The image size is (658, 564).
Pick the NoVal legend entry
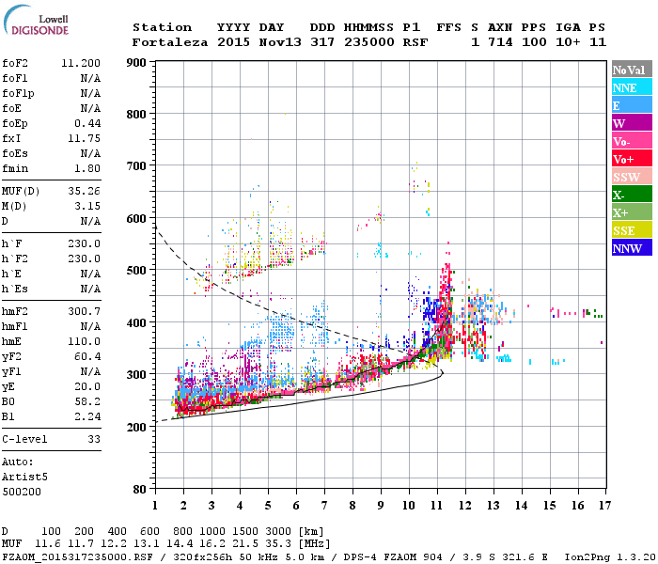click(630, 70)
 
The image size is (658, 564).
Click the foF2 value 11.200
click(81, 62)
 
